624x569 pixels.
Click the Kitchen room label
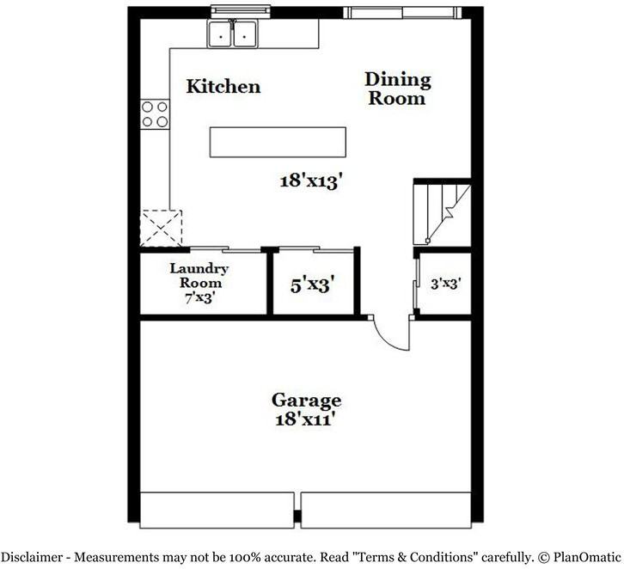[x=223, y=86]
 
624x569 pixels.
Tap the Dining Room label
[x=397, y=89]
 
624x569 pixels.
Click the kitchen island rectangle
[x=278, y=143]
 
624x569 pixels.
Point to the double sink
[x=234, y=34]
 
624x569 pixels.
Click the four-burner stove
[x=155, y=114]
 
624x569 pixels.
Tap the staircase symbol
[x=443, y=212]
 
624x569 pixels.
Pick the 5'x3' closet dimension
[x=312, y=284]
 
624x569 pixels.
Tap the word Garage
[x=306, y=400]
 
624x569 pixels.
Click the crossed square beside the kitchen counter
[x=162, y=228]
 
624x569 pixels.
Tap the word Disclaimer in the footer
[x=33, y=557]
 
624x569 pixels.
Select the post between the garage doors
[x=297, y=516]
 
